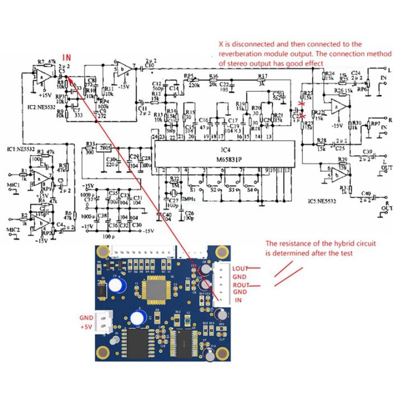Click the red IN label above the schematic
click(x=67, y=57)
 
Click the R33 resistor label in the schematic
click(x=90, y=144)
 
